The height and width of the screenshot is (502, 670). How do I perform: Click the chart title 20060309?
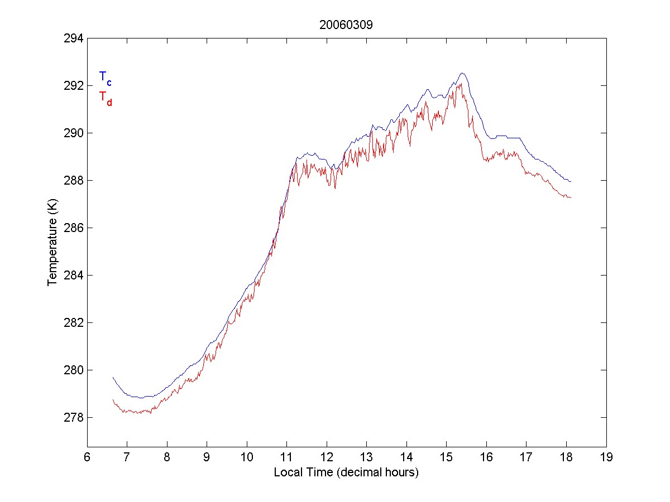(346, 25)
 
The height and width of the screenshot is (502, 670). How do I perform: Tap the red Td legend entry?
(106, 98)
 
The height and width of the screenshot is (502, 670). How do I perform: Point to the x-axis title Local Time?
(346, 472)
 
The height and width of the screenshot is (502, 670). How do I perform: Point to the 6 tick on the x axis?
(87, 457)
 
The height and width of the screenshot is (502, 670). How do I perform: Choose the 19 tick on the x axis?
(606, 457)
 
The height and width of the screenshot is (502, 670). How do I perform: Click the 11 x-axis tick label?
(286, 457)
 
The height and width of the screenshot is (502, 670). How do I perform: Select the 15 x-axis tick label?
(446, 457)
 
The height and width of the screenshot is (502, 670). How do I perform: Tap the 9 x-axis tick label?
(207, 457)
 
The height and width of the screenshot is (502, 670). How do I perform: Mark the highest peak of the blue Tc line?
(462, 73)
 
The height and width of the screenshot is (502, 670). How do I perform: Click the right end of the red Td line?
(571, 197)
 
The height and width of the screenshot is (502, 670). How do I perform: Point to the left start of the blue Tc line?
(113, 377)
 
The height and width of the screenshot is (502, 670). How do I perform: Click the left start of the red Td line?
(113, 399)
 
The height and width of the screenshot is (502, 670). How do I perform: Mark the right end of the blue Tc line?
(571, 181)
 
